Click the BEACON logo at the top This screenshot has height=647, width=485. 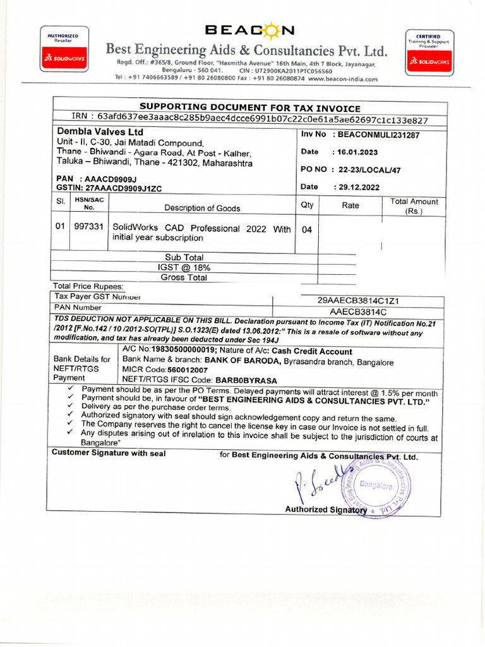[249, 30]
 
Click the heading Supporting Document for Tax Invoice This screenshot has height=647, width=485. [249, 108]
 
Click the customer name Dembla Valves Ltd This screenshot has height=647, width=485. [100, 132]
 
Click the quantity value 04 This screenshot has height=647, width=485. [307, 230]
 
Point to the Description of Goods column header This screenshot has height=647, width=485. [202, 208]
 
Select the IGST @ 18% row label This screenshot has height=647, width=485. [184, 267]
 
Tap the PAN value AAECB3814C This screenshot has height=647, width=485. [358, 311]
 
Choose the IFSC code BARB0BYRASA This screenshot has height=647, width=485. [246, 380]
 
